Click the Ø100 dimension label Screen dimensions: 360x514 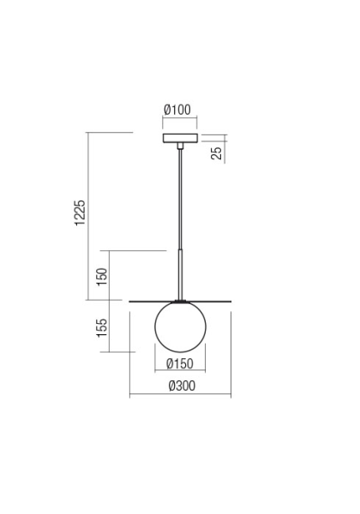177,110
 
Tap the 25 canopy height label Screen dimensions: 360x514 216,153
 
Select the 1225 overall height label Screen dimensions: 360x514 80,212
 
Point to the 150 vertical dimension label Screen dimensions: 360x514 102,277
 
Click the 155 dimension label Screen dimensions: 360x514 102,327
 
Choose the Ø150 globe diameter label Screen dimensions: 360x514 180,363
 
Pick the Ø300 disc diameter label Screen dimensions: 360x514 182,385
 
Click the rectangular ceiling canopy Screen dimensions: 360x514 180,138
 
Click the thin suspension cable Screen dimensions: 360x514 180,199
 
